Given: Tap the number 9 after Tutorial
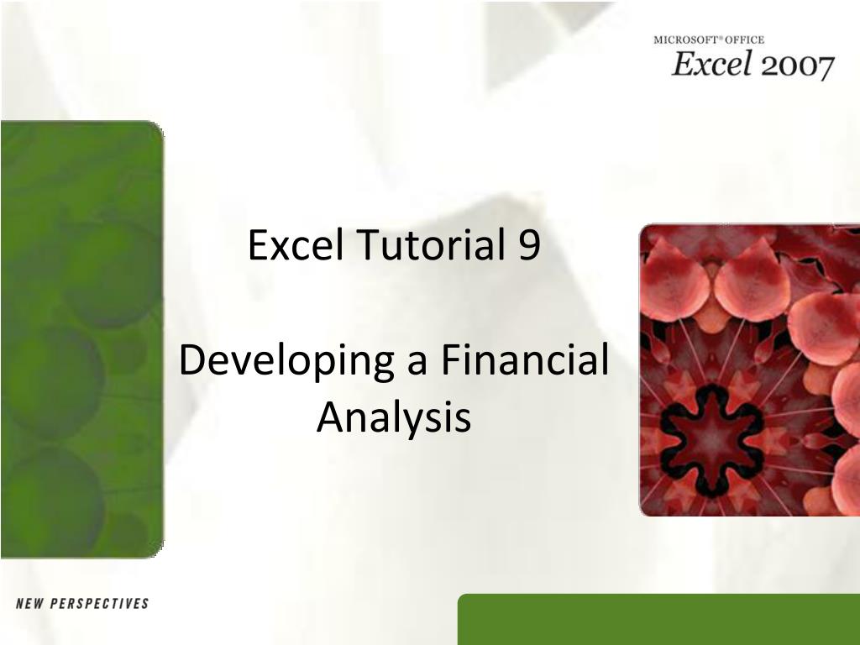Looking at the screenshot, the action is (x=529, y=245).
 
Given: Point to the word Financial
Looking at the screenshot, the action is (x=525, y=359).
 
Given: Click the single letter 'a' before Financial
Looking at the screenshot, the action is (x=417, y=364).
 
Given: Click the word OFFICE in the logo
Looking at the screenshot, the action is (x=744, y=40).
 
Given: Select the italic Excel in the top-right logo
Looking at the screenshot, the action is (x=711, y=64).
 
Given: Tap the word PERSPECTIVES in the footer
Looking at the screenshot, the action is (x=99, y=604).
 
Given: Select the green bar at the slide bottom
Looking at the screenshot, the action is (x=658, y=619).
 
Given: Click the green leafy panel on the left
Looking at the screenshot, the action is (x=81, y=339).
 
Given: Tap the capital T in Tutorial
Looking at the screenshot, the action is (x=370, y=244).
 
